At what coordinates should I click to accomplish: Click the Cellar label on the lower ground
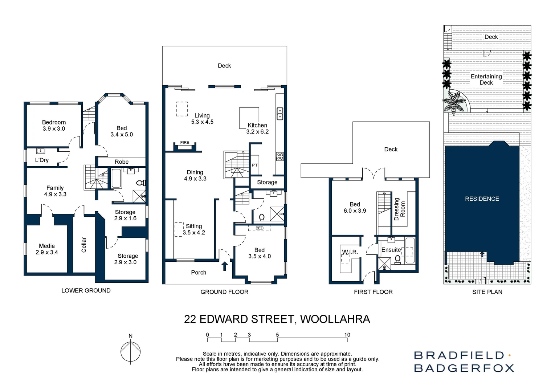[84, 245]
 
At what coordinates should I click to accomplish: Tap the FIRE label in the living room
[185, 143]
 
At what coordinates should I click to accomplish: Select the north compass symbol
[131, 351]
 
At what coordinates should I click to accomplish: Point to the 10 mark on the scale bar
[347, 335]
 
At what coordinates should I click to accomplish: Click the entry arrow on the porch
[224, 266]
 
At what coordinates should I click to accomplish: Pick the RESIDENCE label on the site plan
[482, 199]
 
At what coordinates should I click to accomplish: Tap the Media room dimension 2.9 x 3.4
[47, 252]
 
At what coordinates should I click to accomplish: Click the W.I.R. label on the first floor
[350, 252]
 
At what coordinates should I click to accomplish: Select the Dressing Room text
[399, 209]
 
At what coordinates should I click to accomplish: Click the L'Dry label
[42, 160]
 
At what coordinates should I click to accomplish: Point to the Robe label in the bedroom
[122, 162]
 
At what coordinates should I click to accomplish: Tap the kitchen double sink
[280, 114]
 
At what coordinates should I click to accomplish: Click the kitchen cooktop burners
[280, 156]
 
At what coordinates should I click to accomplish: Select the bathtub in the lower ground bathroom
[116, 178]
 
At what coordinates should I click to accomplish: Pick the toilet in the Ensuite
[397, 260]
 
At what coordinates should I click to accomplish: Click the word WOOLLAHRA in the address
[335, 319]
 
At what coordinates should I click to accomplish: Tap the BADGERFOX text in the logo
[464, 368]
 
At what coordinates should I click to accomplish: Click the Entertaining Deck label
[486, 79]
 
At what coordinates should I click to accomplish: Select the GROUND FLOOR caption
[224, 292]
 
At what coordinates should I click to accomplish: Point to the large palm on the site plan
[455, 102]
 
